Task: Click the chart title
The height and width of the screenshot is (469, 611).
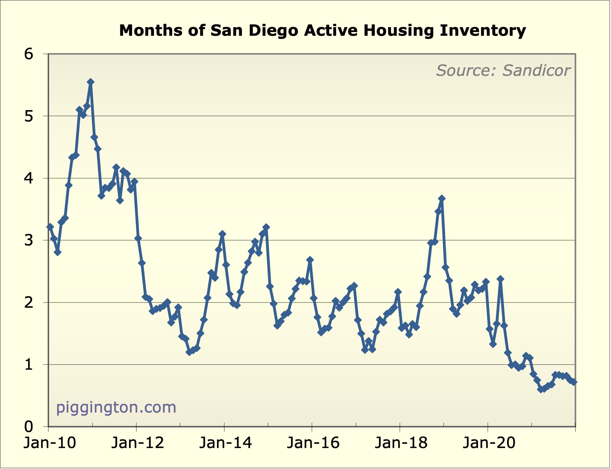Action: (322, 31)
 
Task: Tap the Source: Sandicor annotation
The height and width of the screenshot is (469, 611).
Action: (503, 71)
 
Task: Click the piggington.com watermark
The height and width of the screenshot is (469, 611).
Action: (116, 407)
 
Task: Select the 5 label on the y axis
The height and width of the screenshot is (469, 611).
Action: (28, 116)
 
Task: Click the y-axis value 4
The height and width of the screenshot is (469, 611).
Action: (28, 178)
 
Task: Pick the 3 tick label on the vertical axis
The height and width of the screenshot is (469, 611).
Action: (28, 240)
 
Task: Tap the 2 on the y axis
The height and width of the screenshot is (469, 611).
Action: (28, 302)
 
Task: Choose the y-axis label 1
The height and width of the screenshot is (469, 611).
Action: (28, 364)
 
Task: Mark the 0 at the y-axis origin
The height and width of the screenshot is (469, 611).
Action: (28, 427)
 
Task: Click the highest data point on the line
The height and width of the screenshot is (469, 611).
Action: (90, 82)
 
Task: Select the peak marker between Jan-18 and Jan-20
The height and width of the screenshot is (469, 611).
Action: (442, 198)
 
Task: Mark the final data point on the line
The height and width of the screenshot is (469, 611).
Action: (574, 382)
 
